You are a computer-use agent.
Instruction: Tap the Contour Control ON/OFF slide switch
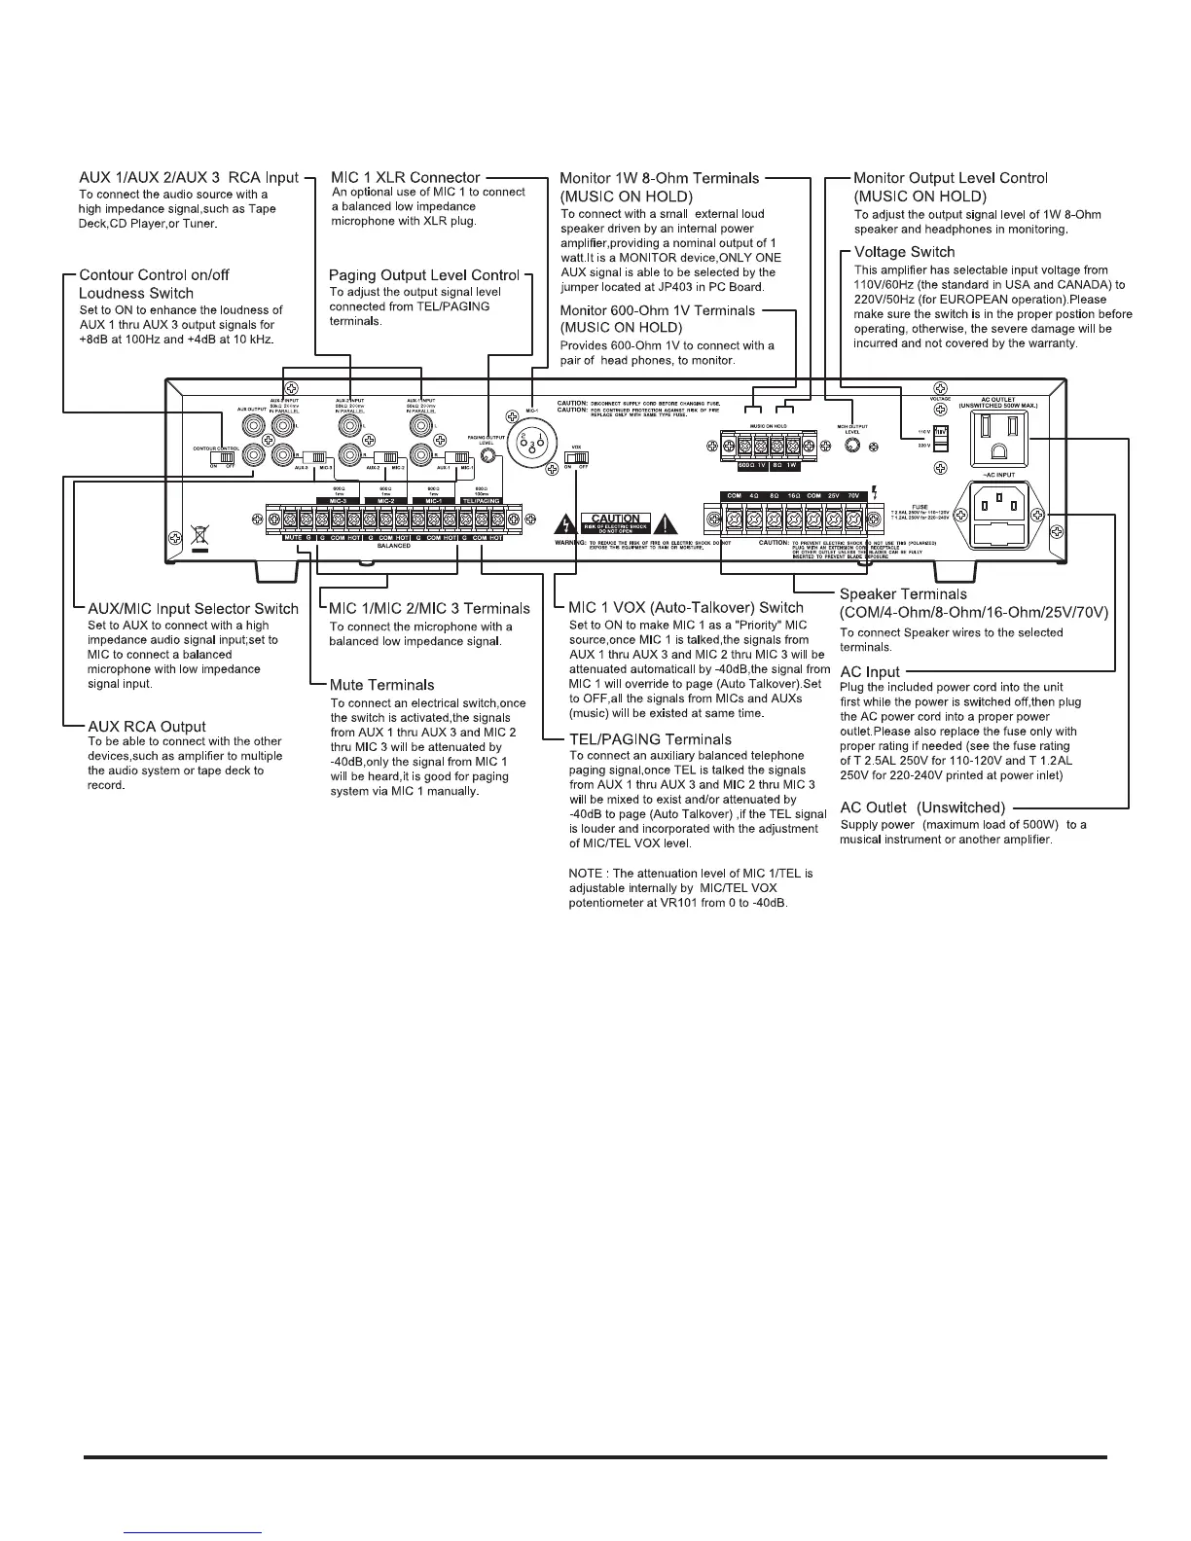tap(227, 456)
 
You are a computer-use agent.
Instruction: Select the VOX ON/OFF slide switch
tap(577, 458)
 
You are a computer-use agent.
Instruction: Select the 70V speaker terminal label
tap(856, 496)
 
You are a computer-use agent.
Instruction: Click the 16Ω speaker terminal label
tap(794, 496)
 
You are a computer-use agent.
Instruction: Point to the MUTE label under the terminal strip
tap(292, 538)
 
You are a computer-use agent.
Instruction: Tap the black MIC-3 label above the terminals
tap(338, 501)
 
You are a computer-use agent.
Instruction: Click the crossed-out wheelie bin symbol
tap(199, 534)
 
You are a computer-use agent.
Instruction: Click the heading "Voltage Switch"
tap(904, 253)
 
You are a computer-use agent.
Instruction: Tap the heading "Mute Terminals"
tap(382, 685)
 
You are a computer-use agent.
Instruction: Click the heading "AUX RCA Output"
tap(146, 727)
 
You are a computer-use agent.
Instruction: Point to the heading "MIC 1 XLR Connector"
tap(406, 178)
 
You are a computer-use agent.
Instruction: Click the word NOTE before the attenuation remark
tap(587, 873)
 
